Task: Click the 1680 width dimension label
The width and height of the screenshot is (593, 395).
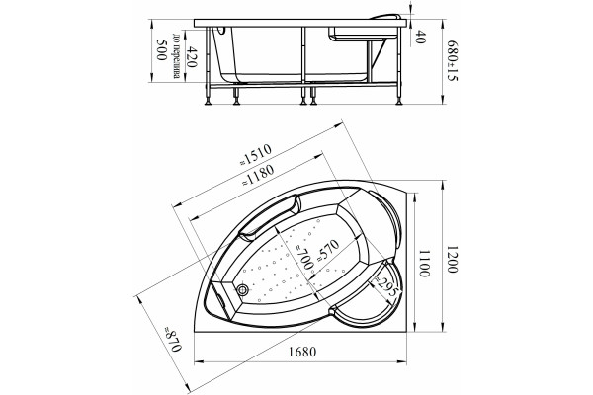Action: click(x=302, y=352)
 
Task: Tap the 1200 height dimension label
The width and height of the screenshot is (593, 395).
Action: click(x=453, y=260)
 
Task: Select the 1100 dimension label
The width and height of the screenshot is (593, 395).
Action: click(x=424, y=264)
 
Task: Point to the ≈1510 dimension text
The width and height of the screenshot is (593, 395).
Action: click(x=256, y=154)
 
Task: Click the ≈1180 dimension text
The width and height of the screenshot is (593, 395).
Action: click(x=258, y=175)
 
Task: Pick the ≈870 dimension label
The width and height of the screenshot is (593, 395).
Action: click(x=172, y=339)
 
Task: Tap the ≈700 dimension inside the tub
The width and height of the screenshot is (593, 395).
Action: click(x=304, y=257)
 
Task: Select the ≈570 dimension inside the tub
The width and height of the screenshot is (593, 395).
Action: click(x=327, y=250)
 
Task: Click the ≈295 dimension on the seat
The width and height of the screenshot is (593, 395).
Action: click(x=385, y=285)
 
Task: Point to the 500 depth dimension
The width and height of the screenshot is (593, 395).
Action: click(x=162, y=50)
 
